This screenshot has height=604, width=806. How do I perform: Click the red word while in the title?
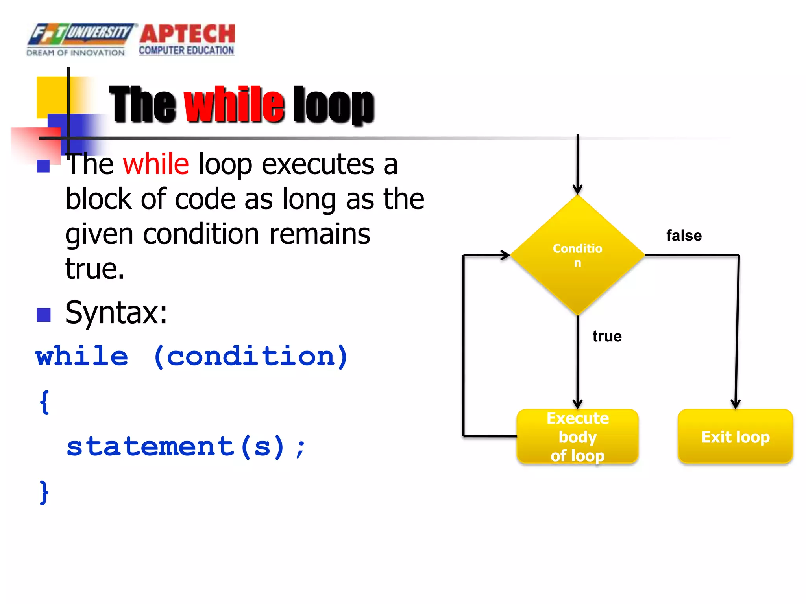pyautogui.click(x=234, y=104)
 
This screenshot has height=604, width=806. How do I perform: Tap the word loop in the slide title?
pyautogui.click(x=333, y=105)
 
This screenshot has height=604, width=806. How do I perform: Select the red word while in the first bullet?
pyautogui.click(x=156, y=164)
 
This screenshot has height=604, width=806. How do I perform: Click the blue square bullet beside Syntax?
pyautogui.click(x=44, y=315)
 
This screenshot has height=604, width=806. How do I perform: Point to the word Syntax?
pyautogui.click(x=116, y=313)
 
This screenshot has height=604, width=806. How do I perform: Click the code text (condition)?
pyautogui.click(x=251, y=356)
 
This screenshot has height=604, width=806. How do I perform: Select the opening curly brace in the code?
pyautogui.click(x=44, y=402)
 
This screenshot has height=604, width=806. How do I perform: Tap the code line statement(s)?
pyautogui.click(x=185, y=447)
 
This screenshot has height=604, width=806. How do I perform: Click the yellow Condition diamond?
pyautogui.click(x=577, y=255)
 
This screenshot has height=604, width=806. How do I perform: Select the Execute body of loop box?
pyautogui.click(x=577, y=436)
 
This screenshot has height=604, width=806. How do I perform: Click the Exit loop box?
pyautogui.click(x=735, y=436)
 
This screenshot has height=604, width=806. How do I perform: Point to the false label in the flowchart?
pyautogui.click(x=684, y=236)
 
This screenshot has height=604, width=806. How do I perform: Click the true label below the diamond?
pyautogui.click(x=607, y=336)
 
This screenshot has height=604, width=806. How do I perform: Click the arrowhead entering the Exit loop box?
pyautogui.click(x=736, y=404)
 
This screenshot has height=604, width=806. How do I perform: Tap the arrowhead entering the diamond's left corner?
pyautogui.click(x=505, y=255)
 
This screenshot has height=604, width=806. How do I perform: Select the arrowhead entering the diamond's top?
pyautogui.click(x=577, y=189)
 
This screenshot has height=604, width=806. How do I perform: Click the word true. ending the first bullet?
pyautogui.click(x=95, y=269)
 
